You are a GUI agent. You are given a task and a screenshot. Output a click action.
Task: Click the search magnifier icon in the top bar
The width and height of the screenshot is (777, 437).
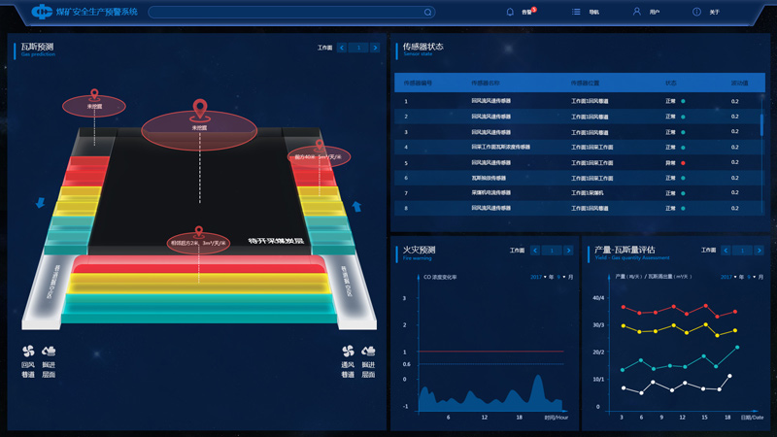coord(428,13)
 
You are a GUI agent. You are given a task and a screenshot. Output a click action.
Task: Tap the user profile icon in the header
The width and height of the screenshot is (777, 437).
coord(637,12)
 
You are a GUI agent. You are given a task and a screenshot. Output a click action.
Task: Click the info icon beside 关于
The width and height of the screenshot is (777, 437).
coord(696,12)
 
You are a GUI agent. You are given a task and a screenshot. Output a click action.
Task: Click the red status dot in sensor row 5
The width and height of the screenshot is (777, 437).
coord(683,162)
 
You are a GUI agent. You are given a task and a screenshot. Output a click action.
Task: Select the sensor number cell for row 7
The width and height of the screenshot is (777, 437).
coord(406,192)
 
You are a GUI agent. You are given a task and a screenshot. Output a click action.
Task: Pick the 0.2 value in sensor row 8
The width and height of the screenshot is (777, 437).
coord(735,208)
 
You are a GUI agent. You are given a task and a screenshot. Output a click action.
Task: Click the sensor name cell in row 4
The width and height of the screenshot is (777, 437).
coord(500,147)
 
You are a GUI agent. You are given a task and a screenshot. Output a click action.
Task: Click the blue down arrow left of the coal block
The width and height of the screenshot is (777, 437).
coord(40,202)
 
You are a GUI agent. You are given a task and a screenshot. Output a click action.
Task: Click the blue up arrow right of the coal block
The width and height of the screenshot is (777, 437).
coord(356,206)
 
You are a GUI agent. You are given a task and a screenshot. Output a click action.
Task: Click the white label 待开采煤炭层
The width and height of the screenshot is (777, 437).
coord(277,240)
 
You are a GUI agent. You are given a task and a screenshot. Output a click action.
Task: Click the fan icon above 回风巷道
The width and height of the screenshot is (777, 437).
coord(28,351)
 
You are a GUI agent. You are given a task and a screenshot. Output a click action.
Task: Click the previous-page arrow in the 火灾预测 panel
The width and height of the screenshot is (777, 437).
coord(534,251)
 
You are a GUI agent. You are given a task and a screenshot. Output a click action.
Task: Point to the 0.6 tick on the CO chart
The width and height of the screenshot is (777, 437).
coord(406,365)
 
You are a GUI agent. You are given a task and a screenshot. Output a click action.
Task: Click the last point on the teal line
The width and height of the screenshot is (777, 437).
coord(737,347)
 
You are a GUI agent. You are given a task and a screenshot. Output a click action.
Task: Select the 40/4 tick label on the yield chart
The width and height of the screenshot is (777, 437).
coord(598,297)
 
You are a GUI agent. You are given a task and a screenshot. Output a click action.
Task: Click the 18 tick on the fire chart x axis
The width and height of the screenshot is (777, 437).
coord(521,417)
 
